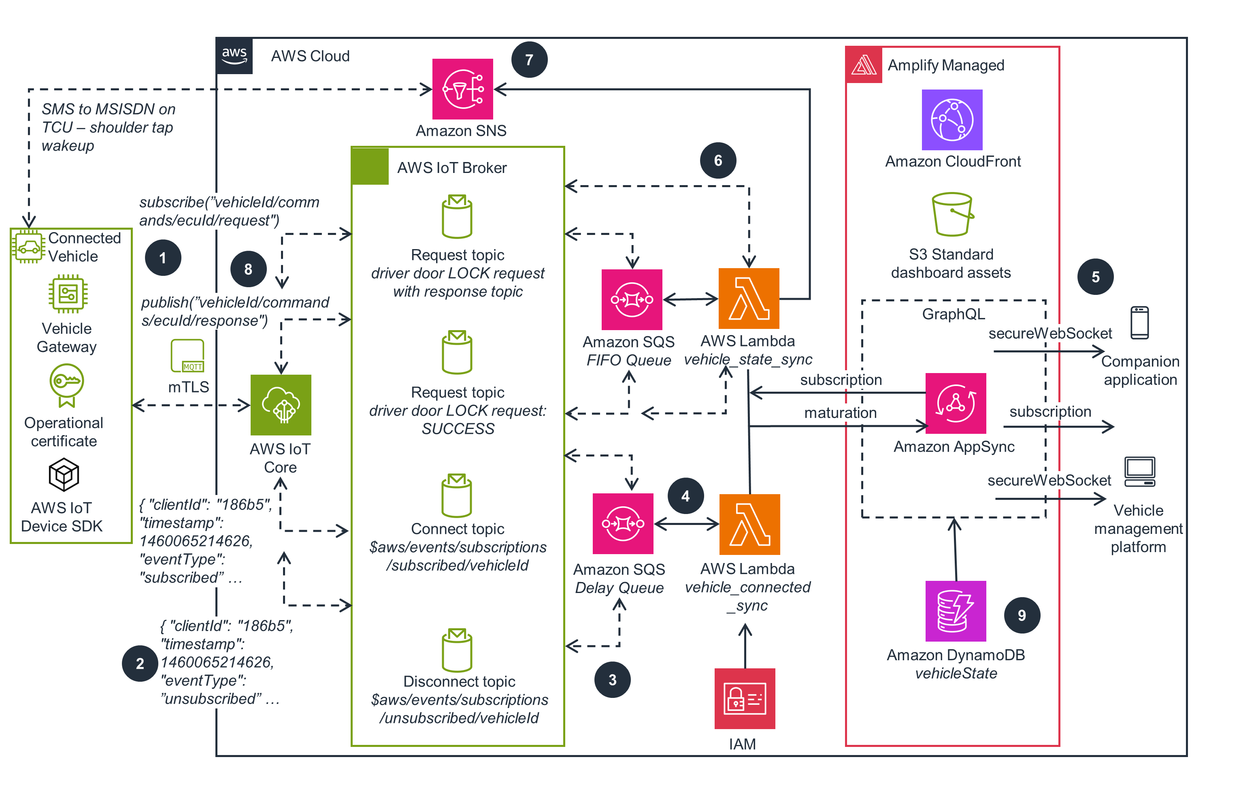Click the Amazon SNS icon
462,89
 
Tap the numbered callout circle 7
529,60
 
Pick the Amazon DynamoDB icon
955,611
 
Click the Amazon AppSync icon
955,403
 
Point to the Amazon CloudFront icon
952,119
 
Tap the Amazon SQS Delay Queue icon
623,523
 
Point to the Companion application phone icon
1139,323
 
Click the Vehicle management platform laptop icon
1139,471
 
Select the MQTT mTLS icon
187,356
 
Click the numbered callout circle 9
1022,615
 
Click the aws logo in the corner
234,55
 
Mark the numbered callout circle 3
612,679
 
